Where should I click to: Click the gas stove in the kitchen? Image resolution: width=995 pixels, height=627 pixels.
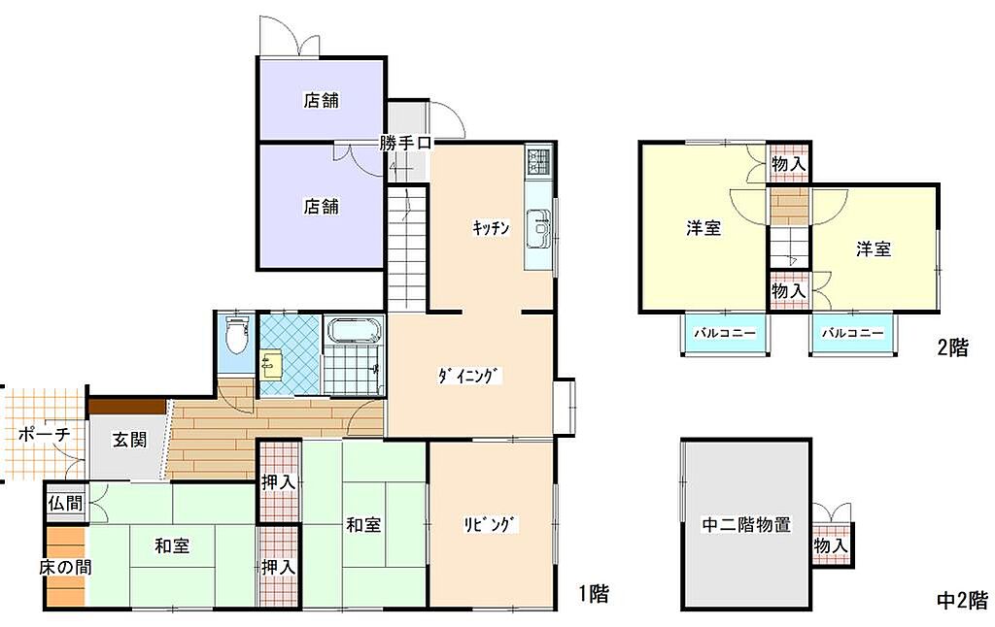[539, 160]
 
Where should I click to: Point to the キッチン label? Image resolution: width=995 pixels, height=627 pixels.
[491, 227]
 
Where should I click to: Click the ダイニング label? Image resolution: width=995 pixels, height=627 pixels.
[469, 376]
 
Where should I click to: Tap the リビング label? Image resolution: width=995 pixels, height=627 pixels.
[491, 525]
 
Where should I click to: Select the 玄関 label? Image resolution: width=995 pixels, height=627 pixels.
[129, 440]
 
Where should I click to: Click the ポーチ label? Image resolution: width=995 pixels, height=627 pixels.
[43, 434]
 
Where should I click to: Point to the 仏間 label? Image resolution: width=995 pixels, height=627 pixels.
[65, 504]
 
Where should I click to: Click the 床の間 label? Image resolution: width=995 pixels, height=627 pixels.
[65, 567]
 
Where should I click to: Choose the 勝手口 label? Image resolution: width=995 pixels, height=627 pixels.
[405, 143]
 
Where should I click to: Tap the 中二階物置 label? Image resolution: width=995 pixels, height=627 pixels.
[746, 524]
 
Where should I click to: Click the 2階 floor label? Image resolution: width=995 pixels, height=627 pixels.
[953, 347]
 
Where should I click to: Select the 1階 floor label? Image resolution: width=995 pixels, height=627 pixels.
[594, 593]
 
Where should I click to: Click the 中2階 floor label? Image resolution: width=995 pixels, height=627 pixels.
[963, 600]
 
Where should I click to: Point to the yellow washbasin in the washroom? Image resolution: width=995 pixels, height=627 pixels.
[271, 366]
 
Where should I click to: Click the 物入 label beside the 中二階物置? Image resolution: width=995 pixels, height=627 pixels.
[831, 545]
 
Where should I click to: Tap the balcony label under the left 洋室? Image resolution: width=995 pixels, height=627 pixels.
[725, 333]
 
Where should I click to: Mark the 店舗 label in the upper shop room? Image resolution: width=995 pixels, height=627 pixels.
[321, 100]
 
